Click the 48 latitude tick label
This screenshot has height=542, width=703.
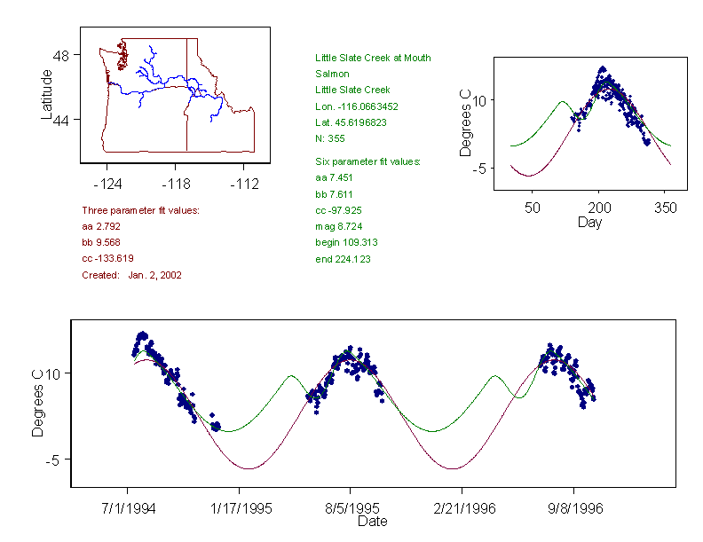click(60, 55)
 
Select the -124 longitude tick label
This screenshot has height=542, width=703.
click(107, 184)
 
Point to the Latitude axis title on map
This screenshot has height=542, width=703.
click(46, 94)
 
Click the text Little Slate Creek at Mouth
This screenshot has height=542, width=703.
click(373, 58)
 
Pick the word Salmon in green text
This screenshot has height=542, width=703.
click(332, 74)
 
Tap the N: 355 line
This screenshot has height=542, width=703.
click(330, 138)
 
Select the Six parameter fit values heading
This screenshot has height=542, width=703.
click(367, 162)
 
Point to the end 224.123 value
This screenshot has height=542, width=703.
click(343, 259)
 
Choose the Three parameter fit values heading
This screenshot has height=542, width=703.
click(140, 210)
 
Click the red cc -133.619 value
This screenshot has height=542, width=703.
click(107, 258)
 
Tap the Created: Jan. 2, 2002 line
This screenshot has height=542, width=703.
click(131, 275)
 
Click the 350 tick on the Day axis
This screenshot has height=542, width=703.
click(666, 208)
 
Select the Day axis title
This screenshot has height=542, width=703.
click(589, 222)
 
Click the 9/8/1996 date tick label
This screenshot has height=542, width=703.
click(574, 510)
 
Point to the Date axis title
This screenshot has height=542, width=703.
click(373, 522)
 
